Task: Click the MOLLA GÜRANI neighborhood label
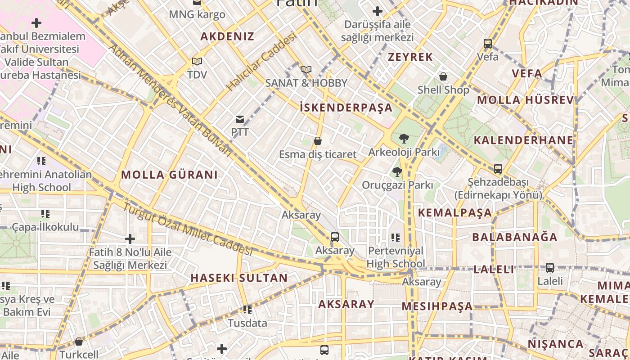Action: [x=169, y=175]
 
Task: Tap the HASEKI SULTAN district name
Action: [x=239, y=278]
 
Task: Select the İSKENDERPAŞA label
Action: [x=346, y=108]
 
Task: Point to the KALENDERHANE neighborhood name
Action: [x=523, y=140]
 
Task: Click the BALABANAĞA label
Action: [x=514, y=237]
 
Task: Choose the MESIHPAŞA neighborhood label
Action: [x=437, y=306]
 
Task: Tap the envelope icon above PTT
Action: [x=240, y=119]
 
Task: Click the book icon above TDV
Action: [x=197, y=61]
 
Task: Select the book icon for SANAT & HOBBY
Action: [x=306, y=69]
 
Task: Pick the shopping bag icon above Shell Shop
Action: [x=443, y=76]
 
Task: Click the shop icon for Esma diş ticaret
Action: [x=318, y=141]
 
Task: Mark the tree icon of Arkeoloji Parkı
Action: [x=404, y=139]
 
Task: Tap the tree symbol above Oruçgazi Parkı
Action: [x=397, y=171]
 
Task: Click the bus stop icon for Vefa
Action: [x=488, y=44]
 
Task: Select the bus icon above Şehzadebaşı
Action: [x=498, y=169]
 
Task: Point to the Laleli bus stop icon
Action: [x=550, y=268]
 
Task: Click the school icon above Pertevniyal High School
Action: [x=396, y=237]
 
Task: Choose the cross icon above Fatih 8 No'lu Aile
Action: [x=130, y=239]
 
